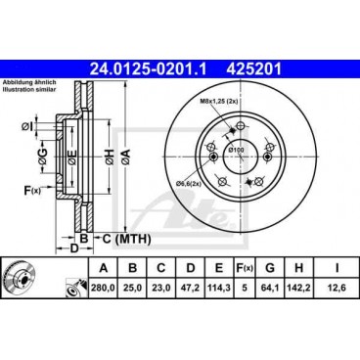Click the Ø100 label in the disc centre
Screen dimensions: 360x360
coord(239,149)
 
